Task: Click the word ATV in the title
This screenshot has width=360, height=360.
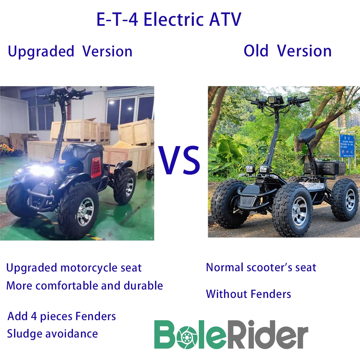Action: tap(225, 20)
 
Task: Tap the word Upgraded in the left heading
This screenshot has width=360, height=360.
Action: tap(41, 52)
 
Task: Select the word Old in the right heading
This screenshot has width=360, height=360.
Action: tap(256, 51)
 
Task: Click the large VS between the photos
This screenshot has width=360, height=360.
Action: tap(179, 160)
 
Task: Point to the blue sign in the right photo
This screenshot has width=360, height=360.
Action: tap(346, 145)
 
